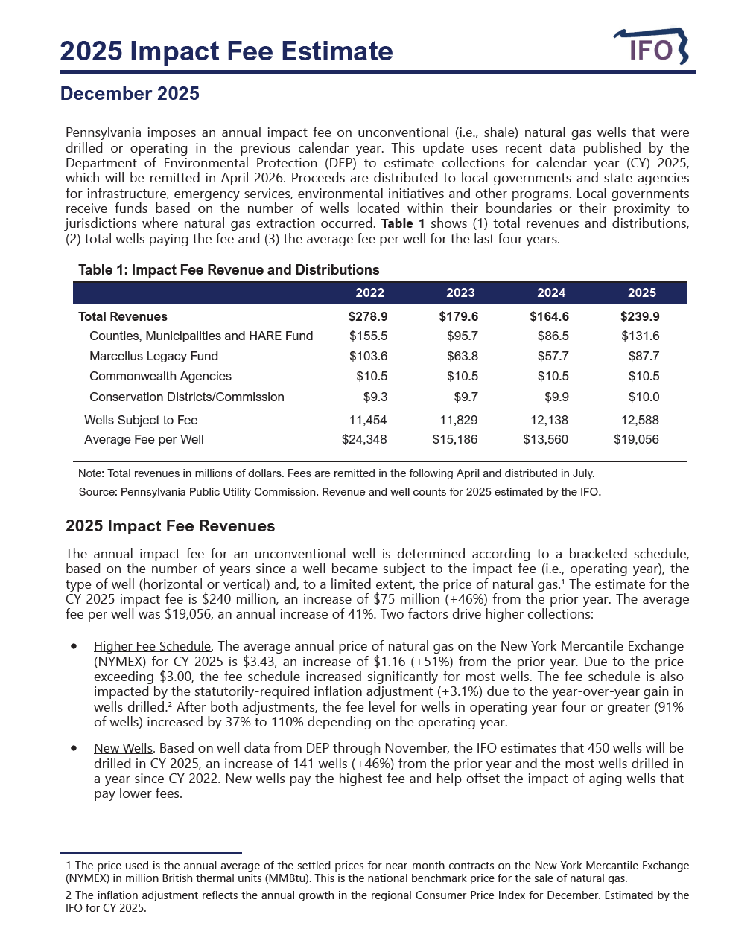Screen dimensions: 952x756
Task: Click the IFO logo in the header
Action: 651,48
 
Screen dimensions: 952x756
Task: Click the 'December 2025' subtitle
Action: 130,93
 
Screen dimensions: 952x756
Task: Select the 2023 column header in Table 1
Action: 460,293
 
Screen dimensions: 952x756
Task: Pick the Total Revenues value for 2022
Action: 368,316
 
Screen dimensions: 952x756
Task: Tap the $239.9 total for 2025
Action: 640,316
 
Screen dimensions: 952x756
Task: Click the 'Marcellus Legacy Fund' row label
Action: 153,356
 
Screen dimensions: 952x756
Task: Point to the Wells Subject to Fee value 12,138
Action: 549,420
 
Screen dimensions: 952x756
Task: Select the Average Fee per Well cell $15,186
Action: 455,439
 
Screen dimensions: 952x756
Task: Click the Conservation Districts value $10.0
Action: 644,397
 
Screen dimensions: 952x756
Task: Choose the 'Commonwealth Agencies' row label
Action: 160,376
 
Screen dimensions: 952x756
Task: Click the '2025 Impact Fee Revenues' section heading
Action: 170,526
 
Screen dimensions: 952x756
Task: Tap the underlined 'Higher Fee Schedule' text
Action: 152,646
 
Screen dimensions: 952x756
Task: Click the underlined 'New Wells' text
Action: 123,748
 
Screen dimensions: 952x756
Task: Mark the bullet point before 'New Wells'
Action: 74,748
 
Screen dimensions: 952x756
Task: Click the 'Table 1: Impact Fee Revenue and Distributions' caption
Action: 229,269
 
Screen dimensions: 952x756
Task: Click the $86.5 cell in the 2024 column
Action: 553,336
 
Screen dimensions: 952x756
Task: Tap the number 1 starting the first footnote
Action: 69,866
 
